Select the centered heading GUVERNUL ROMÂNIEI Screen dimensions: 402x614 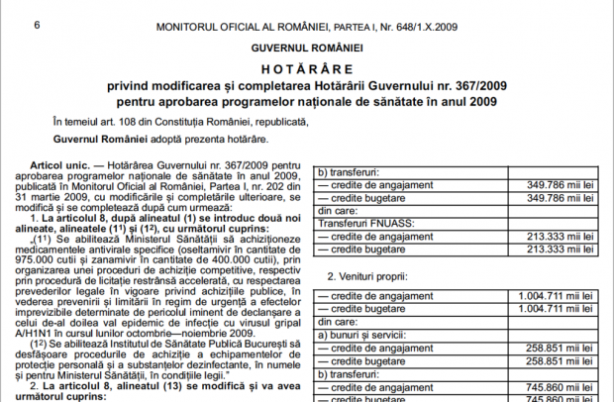[307, 47]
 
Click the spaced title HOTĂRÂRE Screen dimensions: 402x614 [307, 69]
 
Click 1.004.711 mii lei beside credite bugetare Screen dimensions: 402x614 [553, 309]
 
